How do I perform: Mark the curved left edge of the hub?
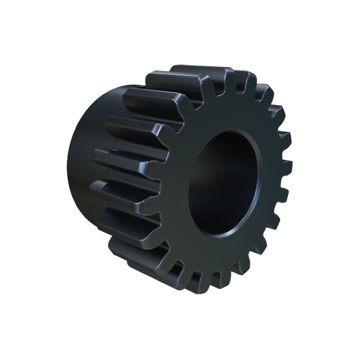click(71, 158)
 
